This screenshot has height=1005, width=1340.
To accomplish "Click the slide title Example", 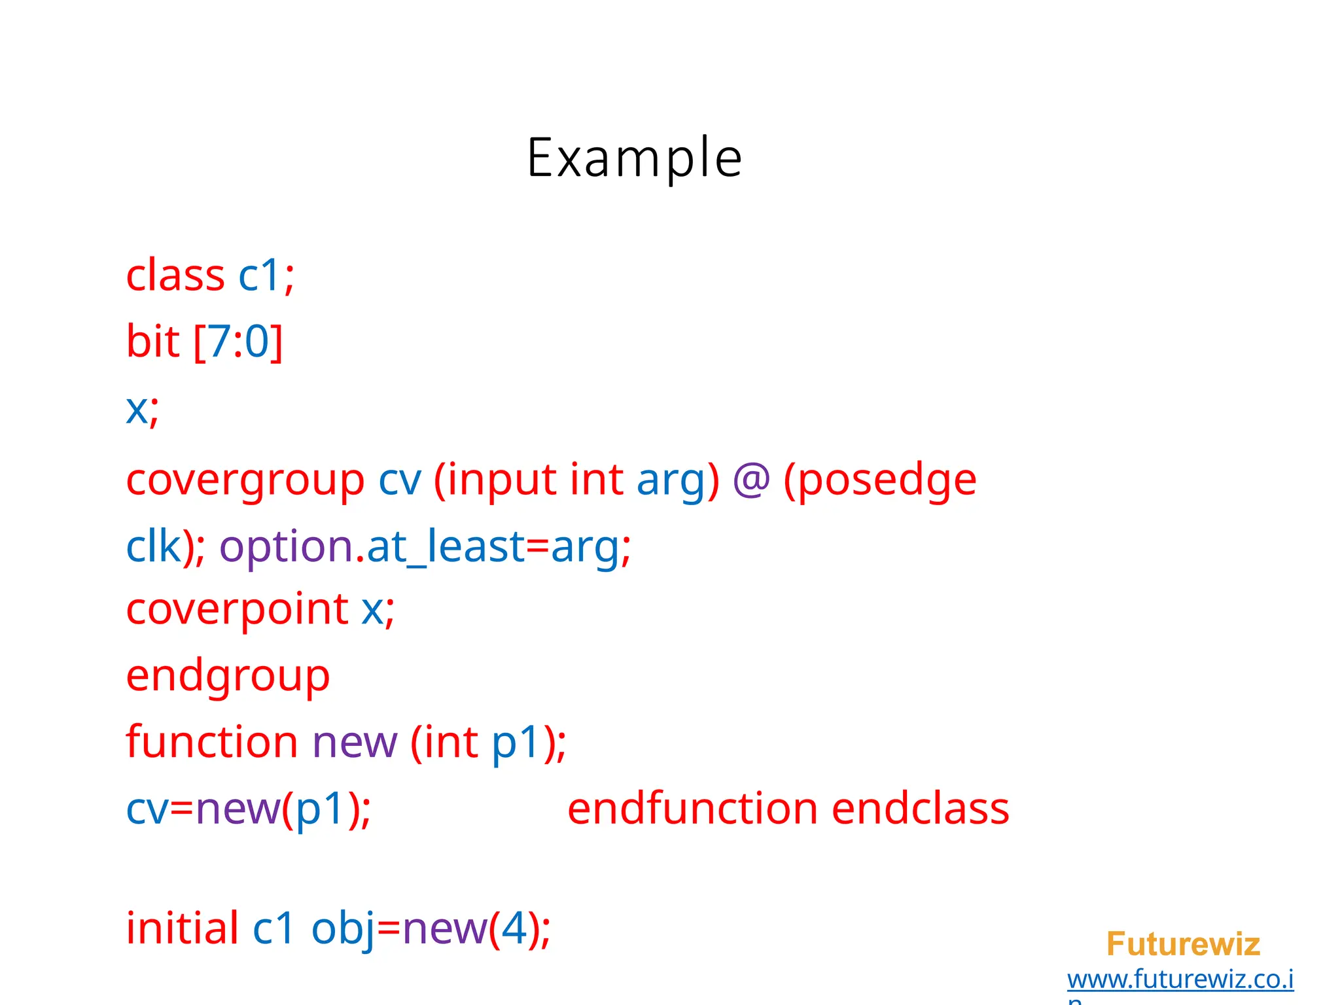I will tap(634, 158).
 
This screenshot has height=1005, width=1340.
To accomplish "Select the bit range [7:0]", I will tap(238, 342).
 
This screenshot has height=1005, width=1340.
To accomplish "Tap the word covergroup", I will tap(245, 481).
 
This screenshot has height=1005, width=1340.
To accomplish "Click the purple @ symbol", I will tap(750, 480).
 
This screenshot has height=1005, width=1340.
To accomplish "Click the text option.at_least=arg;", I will tap(425, 547).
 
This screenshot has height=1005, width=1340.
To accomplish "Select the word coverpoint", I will tap(237, 610).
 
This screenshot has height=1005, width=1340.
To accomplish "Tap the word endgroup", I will tap(228, 677).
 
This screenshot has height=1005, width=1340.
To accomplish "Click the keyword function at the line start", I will tap(212, 742).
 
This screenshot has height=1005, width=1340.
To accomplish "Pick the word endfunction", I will tap(692, 809).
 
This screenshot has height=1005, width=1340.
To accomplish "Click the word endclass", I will tap(921, 809).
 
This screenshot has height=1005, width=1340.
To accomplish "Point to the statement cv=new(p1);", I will tap(249, 809).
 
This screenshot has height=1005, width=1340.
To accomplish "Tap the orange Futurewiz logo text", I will tap(1183, 944).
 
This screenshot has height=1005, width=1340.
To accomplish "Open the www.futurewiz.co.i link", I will tap(1180, 979).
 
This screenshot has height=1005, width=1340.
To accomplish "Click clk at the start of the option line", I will tap(153, 547).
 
